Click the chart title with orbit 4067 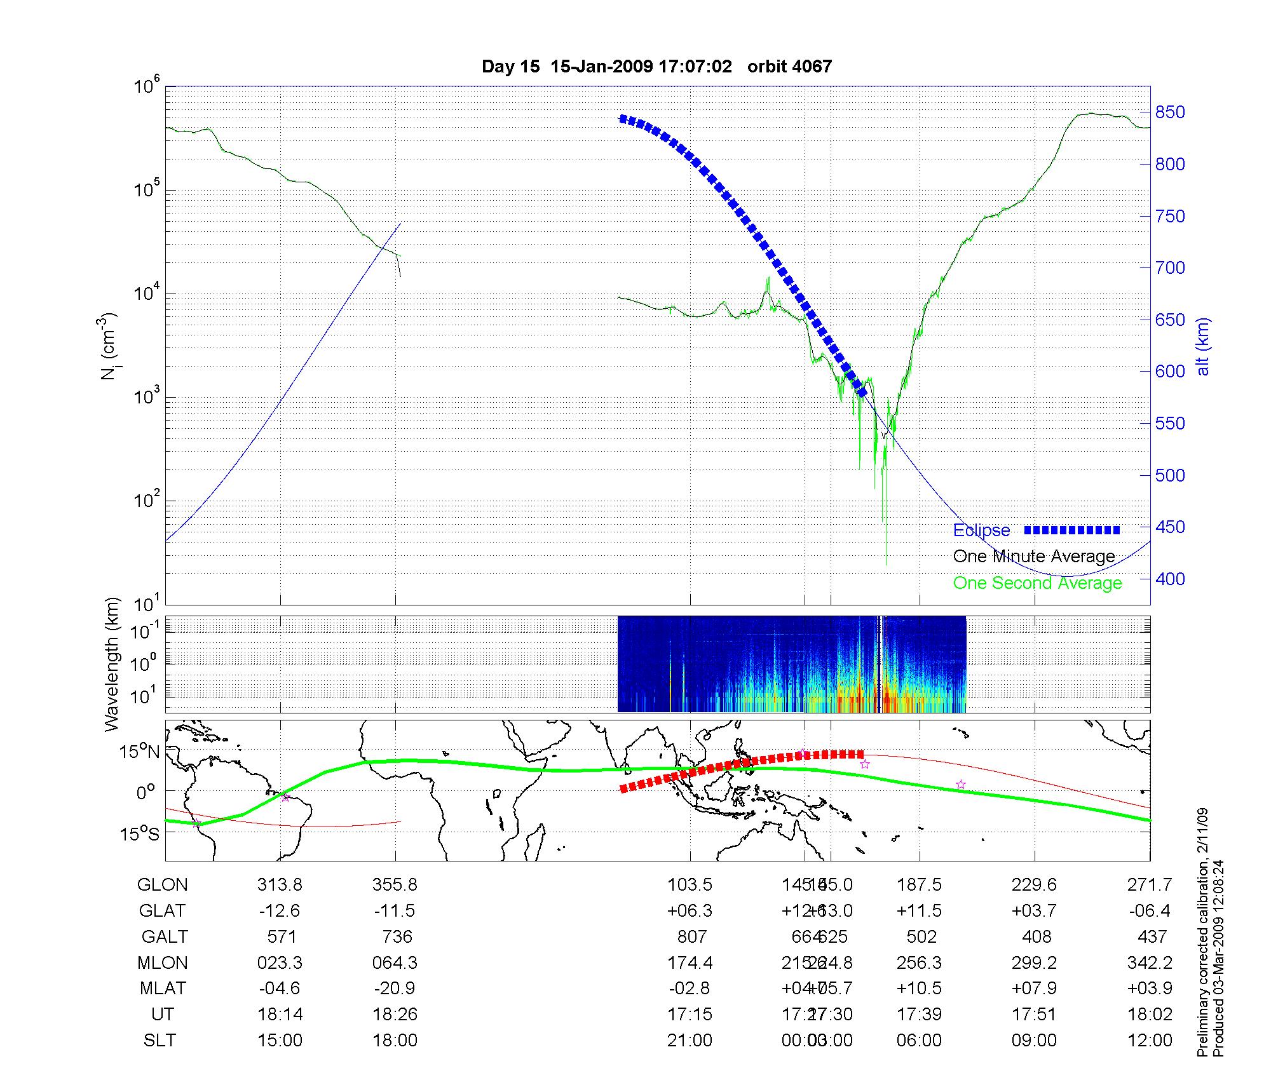point(656,67)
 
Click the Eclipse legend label point(981,530)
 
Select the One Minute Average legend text point(1034,557)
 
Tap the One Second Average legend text point(1037,583)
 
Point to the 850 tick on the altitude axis point(1170,112)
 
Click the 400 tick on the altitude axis point(1170,579)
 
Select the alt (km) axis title point(1203,346)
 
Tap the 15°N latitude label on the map point(139,752)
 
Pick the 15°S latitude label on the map point(139,834)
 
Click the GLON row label point(163,885)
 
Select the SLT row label point(160,1041)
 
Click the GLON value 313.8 point(280,885)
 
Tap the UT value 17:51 point(1035,1015)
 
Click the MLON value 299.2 point(1035,963)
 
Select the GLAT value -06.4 point(1150,911)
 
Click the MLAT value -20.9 point(395,989)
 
